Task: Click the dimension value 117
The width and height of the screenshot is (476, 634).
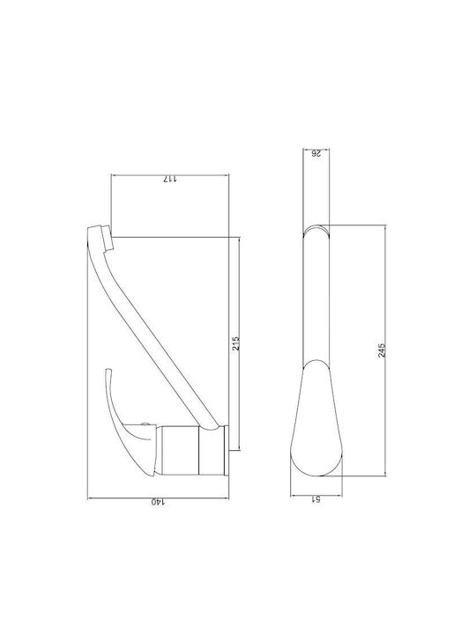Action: click(169, 178)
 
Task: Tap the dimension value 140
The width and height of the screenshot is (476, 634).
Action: click(158, 502)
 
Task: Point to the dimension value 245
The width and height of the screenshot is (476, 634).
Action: click(382, 350)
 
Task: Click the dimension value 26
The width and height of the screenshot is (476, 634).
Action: click(316, 153)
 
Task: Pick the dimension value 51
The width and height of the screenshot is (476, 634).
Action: click(316, 499)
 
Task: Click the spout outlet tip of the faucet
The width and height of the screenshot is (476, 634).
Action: click(108, 239)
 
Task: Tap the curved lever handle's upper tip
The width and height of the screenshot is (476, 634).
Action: click(108, 370)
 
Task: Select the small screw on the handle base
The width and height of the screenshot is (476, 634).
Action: click(144, 424)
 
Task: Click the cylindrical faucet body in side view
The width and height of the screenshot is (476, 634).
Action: click(181, 450)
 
